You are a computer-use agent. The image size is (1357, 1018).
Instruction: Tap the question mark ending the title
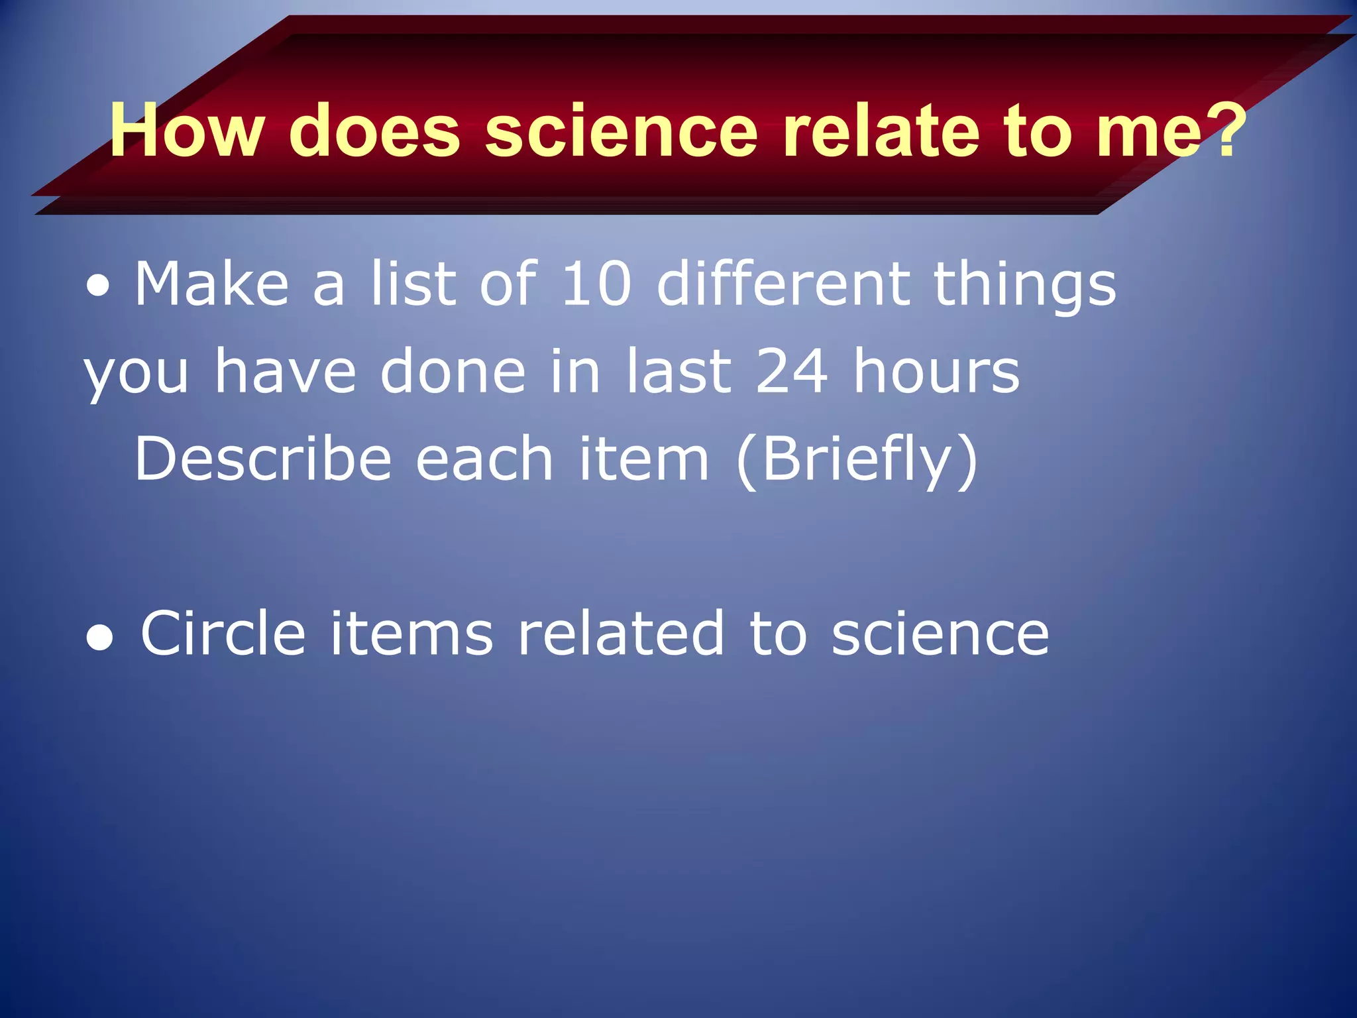[x=1225, y=131]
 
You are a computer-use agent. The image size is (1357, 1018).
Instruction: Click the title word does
[x=374, y=131]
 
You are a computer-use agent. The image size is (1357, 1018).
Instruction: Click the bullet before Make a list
[x=98, y=286]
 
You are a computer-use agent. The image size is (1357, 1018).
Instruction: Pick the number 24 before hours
[x=791, y=371]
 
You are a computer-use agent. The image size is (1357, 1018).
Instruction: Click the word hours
[x=936, y=371]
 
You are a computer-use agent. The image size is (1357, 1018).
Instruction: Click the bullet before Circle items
[x=99, y=638]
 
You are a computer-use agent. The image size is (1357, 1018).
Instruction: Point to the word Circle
[x=223, y=634]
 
